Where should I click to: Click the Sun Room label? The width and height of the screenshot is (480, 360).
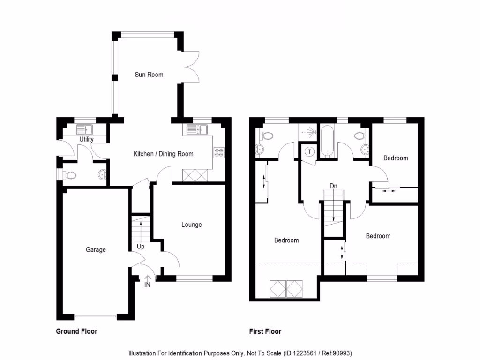tap(149, 75)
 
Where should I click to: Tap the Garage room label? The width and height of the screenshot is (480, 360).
tap(96, 250)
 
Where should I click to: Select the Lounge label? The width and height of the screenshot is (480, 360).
tap(192, 225)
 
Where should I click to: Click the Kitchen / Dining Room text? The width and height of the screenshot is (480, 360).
tap(163, 154)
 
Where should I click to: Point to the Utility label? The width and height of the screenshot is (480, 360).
tap(87, 139)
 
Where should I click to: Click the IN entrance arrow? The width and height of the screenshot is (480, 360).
tap(147, 281)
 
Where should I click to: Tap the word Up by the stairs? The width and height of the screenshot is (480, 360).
tap(141, 247)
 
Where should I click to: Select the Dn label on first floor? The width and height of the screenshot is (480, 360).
tap(333, 186)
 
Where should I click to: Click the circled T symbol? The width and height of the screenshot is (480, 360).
tap(310, 151)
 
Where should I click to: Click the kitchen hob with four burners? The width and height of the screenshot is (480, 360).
tap(219, 152)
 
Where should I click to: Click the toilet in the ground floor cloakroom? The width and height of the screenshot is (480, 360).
tap(70, 175)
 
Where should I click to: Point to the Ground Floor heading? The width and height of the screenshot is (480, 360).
tap(76, 331)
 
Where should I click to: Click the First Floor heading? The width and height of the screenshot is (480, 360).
tap(265, 331)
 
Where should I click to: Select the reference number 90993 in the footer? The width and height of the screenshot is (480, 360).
tap(348, 353)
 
